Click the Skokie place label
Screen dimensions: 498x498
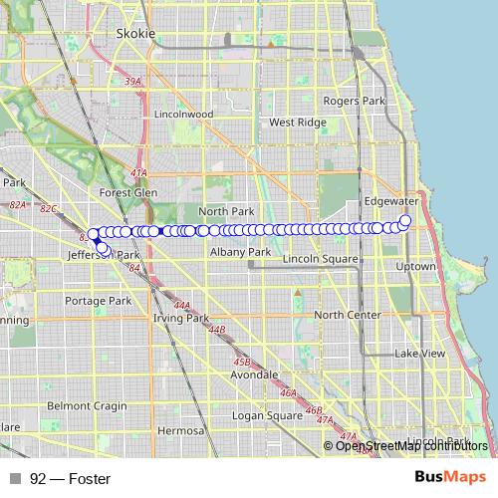point(136,33)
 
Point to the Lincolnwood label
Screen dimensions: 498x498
point(184,115)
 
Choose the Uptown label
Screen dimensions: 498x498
point(415,267)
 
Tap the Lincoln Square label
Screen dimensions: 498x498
point(320,259)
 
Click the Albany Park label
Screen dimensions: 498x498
point(240,253)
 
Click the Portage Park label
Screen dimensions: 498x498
point(98,301)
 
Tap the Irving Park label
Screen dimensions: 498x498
point(180,318)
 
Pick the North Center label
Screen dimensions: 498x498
point(348,315)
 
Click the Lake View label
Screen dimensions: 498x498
point(419,354)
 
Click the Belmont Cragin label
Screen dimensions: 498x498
point(87,406)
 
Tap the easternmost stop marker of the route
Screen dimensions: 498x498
point(404,221)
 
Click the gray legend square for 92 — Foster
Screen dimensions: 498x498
point(15,479)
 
